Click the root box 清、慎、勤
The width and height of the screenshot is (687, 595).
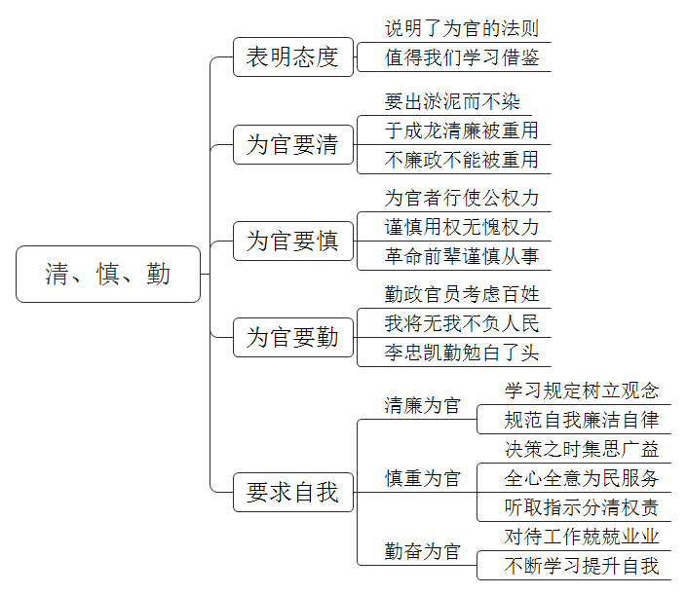point(108,274)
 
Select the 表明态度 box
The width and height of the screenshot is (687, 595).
point(293,56)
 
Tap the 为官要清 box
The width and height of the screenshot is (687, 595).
point(293,144)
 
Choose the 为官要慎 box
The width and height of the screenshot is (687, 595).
point(293,241)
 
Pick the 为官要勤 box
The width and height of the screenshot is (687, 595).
point(293,338)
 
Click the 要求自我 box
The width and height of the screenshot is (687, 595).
point(293,492)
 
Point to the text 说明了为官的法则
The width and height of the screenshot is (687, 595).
point(462,28)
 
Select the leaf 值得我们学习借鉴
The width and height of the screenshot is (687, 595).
point(462,57)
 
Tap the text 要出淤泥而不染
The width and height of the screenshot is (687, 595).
point(452,101)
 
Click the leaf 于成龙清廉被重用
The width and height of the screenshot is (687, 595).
point(462,130)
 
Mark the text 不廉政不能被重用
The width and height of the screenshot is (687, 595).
point(462,160)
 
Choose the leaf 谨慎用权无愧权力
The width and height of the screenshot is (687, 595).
point(462,227)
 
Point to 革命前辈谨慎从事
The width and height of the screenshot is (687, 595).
point(462,256)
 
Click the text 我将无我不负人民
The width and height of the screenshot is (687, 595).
point(462,323)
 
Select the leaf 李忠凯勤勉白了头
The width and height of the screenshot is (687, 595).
point(462,353)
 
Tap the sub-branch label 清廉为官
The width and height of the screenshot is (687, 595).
point(423,405)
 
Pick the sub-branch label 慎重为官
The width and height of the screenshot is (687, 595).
point(423,478)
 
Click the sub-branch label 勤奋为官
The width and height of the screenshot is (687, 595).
point(423,551)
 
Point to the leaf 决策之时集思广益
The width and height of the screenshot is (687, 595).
point(582,449)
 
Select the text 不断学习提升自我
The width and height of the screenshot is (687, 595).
point(582,566)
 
